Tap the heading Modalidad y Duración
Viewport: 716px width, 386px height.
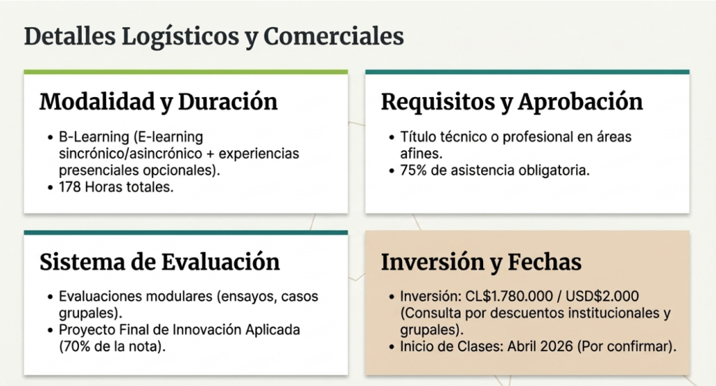pyautogui.click(x=159, y=102)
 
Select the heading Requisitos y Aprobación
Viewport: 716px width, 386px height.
pyautogui.click(x=512, y=102)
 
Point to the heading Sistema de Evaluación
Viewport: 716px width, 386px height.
pyautogui.click(x=160, y=262)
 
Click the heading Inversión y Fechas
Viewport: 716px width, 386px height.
pyautogui.click(x=481, y=262)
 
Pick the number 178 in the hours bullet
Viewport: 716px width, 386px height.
pyautogui.click(x=70, y=187)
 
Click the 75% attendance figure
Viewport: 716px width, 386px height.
pyautogui.click(x=413, y=170)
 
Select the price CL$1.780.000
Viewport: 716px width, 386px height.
pyautogui.click(x=509, y=297)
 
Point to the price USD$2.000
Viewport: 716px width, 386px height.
pyautogui.click(x=602, y=297)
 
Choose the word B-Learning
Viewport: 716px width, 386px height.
pyautogui.click(x=94, y=138)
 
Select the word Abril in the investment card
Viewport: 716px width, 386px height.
pyautogui.click(x=522, y=347)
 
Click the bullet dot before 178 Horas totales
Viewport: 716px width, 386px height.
pyautogui.click(x=50, y=187)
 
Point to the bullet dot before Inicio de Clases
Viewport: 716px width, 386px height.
pyautogui.click(x=392, y=347)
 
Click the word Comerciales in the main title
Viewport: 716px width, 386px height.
pyautogui.click(x=334, y=36)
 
